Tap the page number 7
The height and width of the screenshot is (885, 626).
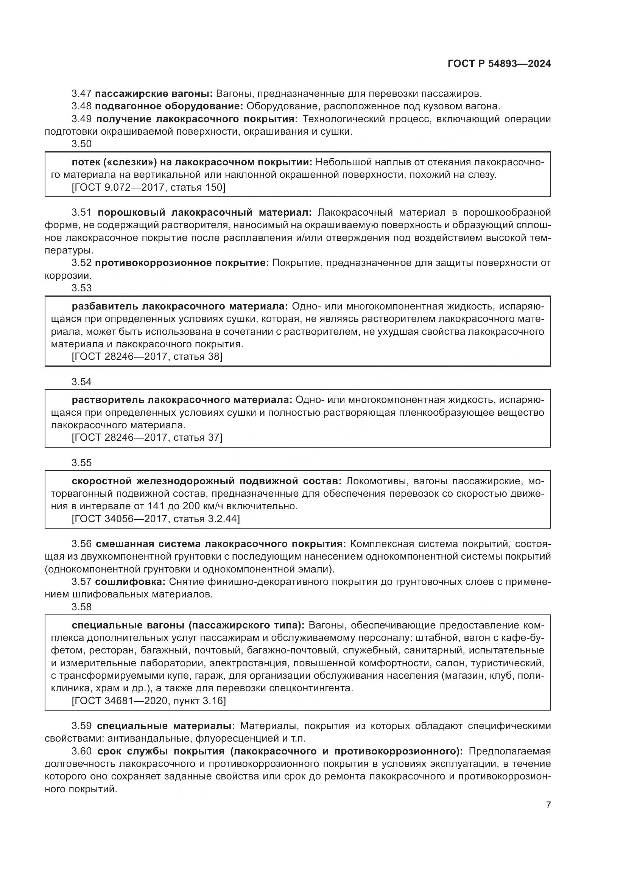(x=548, y=805)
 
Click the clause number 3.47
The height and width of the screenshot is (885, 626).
(x=81, y=94)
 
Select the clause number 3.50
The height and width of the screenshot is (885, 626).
(x=81, y=144)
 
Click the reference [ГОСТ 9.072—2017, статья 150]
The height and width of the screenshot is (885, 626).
(x=148, y=188)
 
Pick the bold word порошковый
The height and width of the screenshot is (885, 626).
(x=131, y=212)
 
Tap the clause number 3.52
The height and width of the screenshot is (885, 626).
(x=81, y=263)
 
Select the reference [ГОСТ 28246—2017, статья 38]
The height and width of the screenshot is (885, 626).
(x=147, y=356)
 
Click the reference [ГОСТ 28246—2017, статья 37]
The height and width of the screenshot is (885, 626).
(x=147, y=437)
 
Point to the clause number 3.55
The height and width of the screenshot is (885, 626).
(x=81, y=463)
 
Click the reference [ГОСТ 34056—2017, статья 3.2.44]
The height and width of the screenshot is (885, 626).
(x=155, y=519)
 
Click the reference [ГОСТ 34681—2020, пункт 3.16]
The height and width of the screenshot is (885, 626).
(x=148, y=700)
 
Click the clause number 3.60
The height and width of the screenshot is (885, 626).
(x=81, y=751)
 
